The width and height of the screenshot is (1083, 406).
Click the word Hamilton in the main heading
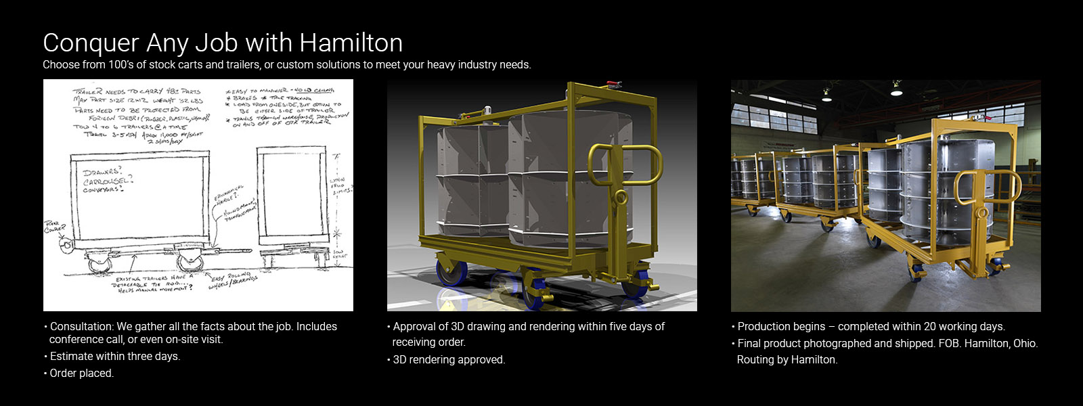tap(351, 43)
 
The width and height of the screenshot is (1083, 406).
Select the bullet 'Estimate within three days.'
tap(115, 357)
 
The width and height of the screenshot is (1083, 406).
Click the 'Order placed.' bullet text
tap(82, 374)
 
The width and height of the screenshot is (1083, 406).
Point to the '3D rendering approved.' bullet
tap(449, 360)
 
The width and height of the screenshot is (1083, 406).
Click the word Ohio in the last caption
tap(1025, 344)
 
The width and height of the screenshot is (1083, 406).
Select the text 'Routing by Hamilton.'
tap(787, 360)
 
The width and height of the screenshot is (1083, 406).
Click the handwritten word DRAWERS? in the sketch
tap(102, 173)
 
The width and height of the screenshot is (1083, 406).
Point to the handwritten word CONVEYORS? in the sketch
tap(104, 189)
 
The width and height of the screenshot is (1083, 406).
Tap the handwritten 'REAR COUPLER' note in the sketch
tap(55, 226)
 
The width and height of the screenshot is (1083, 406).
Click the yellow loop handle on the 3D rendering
tap(612, 165)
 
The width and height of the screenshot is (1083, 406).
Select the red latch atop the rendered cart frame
tap(614, 85)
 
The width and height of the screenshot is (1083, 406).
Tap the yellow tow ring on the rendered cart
tap(619, 198)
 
